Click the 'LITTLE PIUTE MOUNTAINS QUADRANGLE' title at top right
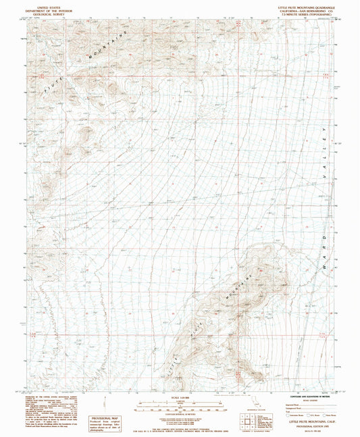coord(306,3)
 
